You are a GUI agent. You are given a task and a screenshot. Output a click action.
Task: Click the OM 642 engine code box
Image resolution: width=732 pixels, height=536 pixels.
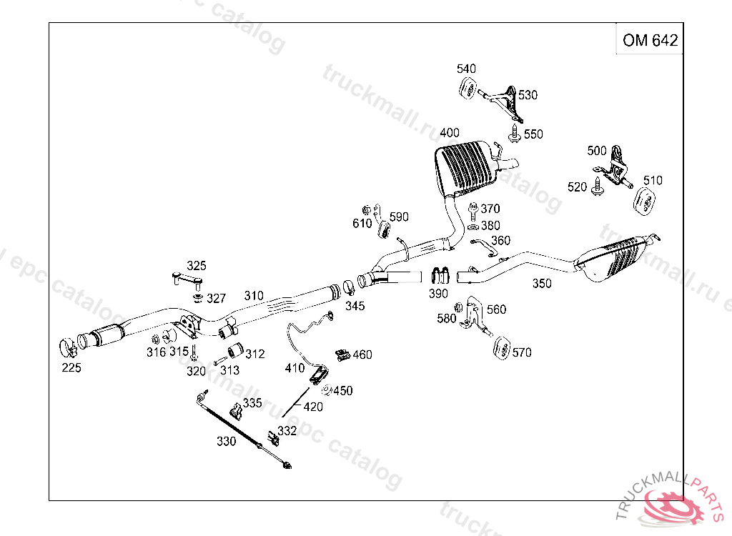click(x=650, y=41)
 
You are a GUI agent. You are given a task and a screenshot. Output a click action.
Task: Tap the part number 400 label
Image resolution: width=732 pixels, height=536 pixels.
click(x=450, y=133)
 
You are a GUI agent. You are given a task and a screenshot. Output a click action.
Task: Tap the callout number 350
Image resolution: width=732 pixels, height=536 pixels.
click(x=542, y=284)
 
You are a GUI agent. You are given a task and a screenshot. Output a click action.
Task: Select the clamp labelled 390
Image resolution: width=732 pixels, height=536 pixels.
click(x=440, y=274)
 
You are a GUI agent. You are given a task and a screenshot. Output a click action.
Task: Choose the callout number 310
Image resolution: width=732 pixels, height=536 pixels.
click(x=254, y=295)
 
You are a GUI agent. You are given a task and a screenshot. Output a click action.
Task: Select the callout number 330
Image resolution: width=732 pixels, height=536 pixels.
click(x=226, y=442)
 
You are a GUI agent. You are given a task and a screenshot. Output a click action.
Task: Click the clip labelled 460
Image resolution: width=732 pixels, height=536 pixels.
click(x=343, y=354)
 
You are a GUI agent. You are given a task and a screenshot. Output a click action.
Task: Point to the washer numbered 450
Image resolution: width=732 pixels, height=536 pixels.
click(x=327, y=390)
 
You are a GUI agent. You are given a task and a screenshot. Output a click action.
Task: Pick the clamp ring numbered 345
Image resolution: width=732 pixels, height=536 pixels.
click(x=348, y=288)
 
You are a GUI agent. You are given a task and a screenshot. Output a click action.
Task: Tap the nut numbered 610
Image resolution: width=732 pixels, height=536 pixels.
click(x=366, y=210)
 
